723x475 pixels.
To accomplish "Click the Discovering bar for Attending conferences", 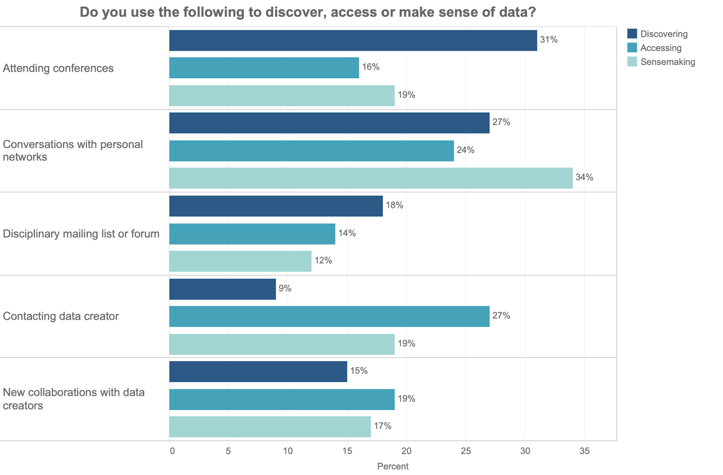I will (x=353, y=41).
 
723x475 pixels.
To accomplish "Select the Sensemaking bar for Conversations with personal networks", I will (x=371, y=178).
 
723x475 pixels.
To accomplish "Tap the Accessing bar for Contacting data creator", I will (x=329, y=316).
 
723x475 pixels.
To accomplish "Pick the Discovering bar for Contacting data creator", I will (x=222, y=289).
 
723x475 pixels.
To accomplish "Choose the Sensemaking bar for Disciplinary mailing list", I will (x=240, y=261).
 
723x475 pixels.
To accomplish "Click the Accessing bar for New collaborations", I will (x=282, y=400).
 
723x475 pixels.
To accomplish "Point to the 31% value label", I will (x=549, y=40).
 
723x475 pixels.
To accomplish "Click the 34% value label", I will (x=584, y=178).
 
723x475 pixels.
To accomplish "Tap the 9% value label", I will (x=285, y=288).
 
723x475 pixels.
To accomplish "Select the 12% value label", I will (x=323, y=261).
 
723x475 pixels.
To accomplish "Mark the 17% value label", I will (x=382, y=426).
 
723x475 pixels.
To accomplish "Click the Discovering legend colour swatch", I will (x=632, y=34).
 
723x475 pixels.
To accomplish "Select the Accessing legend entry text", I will (x=661, y=48).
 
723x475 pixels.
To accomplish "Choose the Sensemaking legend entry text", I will (x=667, y=62).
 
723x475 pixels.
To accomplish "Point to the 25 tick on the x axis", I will (x=465, y=451).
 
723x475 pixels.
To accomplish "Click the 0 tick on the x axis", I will (x=172, y=451).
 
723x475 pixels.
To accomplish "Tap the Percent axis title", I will (x=393, y=466).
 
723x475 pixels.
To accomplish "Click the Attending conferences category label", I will (x=58, y=68).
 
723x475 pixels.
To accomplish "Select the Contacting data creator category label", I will (x=61, y=316).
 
